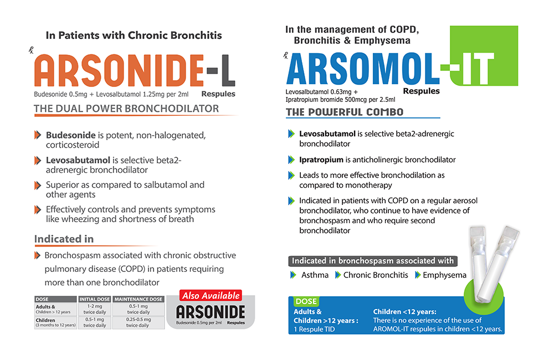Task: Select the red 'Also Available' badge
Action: pyautogui.click(x=211, y=296)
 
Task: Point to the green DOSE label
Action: pyautogui.click(x=306, y=302)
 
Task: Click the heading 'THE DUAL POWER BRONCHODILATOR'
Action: pyautogui.click(x=126, y=109)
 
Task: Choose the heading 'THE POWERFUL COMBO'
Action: pyautogui.click(x=345, y=112)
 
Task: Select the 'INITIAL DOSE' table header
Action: pyautogui.click(x=95, y=299)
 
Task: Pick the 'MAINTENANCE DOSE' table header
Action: pyautogui.click(x=138, y=299)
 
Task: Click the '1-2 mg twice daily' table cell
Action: pyautogui.click(x=95, y=309)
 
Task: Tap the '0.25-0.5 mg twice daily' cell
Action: pyautogui.click(x=138, y=322)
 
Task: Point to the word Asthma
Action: pyautogui.click(x=315, y=275)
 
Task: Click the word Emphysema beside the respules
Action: pyautogui.click(x=444, y=275)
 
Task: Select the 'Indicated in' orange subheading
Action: pyautogui.click(x=64, y=239)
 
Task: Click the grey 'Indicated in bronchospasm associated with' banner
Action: pyautogui.click(x=372, y=261)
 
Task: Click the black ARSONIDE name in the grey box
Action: pyautogui.click(x=210, y=311)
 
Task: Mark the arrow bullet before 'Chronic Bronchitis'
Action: pyautogui.click(x=337, y=275)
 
